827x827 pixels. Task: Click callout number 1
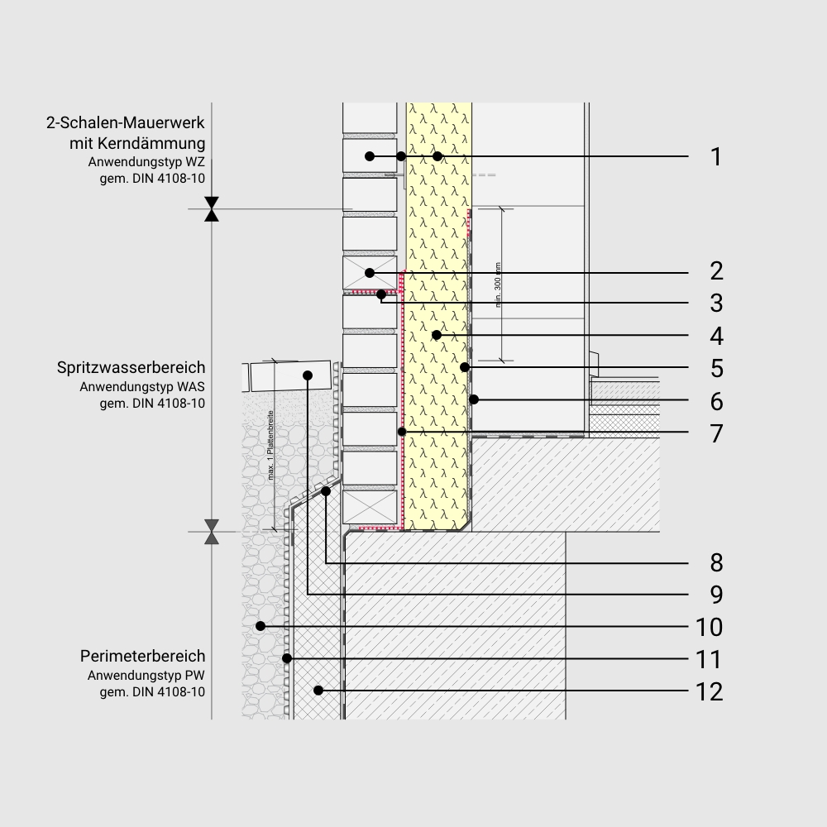tap(716, 156)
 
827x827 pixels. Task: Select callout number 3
tap(716, 304)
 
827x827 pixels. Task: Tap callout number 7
tap(716, 433)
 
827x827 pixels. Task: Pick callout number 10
tap(710, 627)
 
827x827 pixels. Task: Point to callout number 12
tap(710, 691)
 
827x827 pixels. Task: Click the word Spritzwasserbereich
tap(131, 367)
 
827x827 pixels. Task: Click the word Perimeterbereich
tap(142, 657)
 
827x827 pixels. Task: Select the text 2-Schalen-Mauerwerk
tap(125, 124)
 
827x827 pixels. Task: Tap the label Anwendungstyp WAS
tap(142, 386)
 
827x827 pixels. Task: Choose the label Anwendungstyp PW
tap(146, 676)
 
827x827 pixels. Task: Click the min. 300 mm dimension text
tap(499, 285)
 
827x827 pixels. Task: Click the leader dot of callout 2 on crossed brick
tap(370, 273)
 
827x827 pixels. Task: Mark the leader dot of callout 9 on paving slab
tap(308, 375)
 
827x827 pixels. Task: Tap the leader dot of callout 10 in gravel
tap(261, 626)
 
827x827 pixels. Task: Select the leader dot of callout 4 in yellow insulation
tap(436, 335)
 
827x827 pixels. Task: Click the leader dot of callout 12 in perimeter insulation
tap(318, 690)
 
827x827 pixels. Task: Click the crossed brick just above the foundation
tap(370, 507)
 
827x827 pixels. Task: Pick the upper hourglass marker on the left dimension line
tap(213, 209)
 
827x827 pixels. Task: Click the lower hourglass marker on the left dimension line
tap(213, 532)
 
